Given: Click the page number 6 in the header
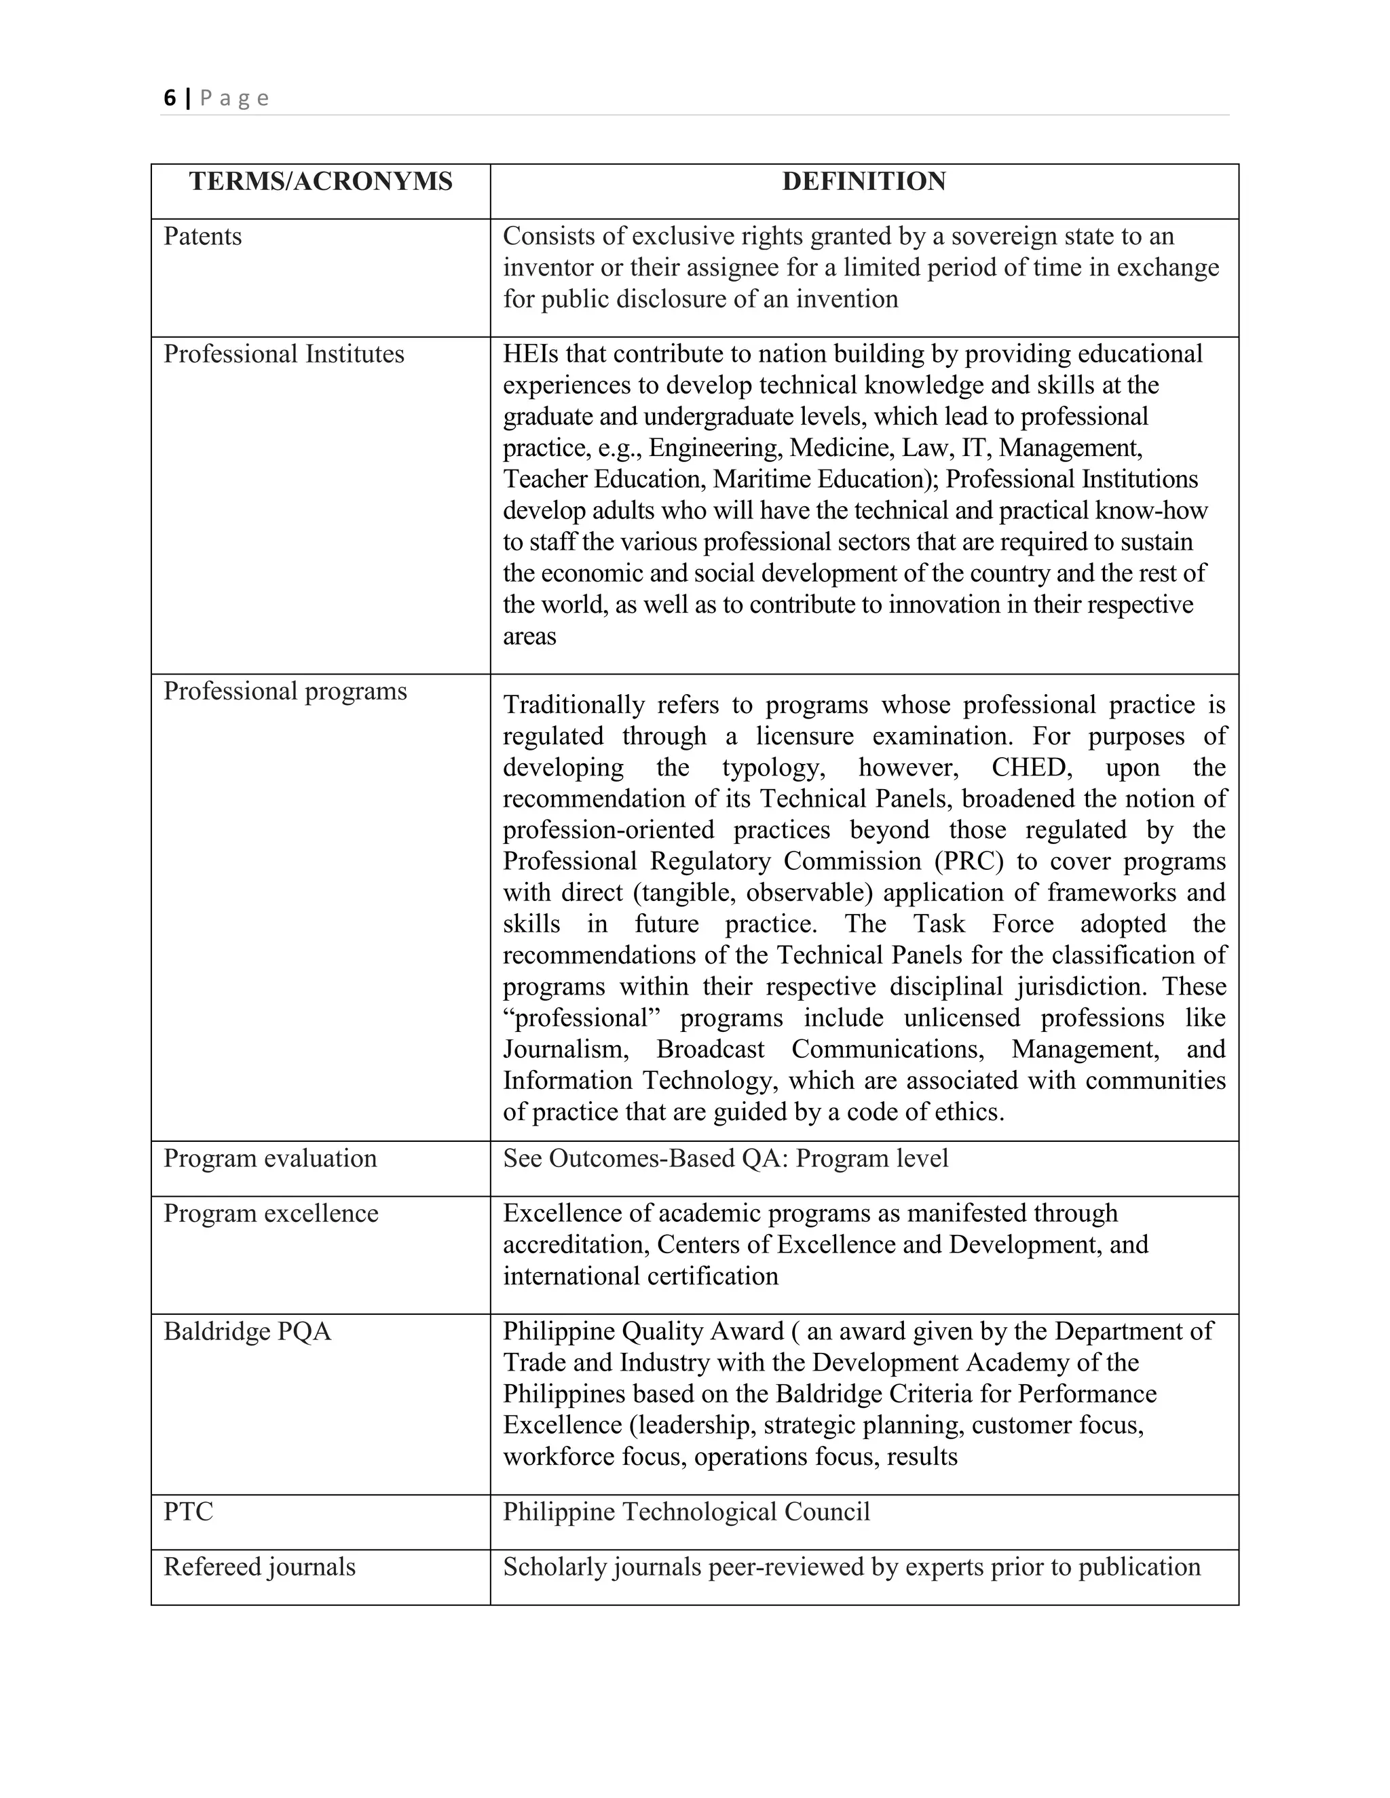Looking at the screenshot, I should [x=170, y=98].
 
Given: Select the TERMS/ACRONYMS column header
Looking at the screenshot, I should [x=320, y=181].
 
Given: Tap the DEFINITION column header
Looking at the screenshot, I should [x=864, y=181].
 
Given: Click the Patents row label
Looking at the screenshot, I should [x=202, y=236].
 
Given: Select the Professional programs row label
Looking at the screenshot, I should [x=285, y=691].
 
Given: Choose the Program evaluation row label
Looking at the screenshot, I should [x=270, y=1158].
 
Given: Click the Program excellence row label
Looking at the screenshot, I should [x=271, y=1214].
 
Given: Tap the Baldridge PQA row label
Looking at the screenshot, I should [x=247, y=1331].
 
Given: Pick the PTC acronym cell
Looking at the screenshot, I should [x=189, y=1512].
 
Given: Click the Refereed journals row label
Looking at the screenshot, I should [x=259, y=1567].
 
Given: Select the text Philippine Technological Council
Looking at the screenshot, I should [x=686, y=1512].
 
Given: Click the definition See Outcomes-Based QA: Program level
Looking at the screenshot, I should [x=726, y=1158].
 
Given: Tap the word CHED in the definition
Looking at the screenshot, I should [x=1031, y=767].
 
